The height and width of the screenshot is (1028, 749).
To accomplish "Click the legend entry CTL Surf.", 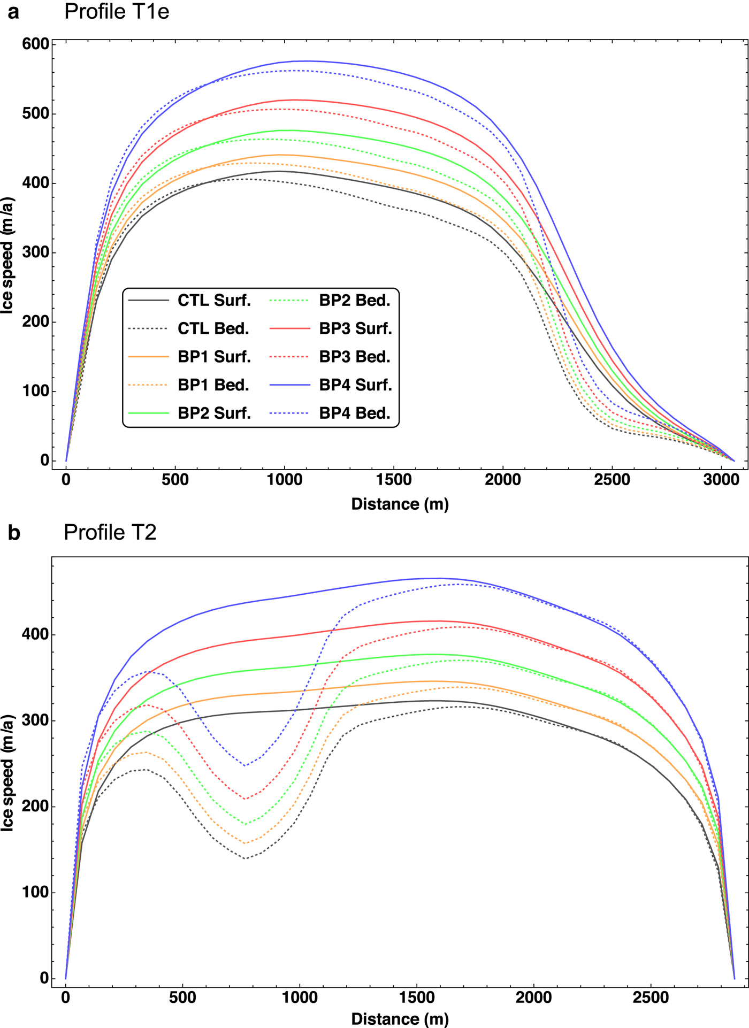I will click(214, 301).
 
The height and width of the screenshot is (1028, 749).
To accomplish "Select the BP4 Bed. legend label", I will click(355, 413).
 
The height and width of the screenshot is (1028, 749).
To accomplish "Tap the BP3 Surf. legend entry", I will click(355, 329).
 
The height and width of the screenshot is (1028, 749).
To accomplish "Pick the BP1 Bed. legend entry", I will click(213, 385).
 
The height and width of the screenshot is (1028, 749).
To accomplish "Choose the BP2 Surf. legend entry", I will click(214, 413).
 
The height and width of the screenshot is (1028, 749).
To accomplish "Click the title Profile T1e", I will click(117, 12).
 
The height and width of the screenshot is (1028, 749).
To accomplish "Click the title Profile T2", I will click(110, 532).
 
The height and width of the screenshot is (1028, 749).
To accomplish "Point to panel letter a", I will click(13, 12).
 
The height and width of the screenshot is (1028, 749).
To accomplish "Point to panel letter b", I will click(14, 533).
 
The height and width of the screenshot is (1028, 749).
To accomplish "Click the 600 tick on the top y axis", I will click(36, 44).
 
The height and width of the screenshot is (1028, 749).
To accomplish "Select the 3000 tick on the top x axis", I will click(721, 479).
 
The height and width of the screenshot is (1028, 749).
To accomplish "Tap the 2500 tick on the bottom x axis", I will click(651, 998).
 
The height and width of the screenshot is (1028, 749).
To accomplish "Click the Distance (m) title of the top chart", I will click(400, 504).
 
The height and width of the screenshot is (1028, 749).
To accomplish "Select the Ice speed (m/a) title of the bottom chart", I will click(7, 773).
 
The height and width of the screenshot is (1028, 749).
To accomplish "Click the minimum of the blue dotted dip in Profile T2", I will click(246, 765).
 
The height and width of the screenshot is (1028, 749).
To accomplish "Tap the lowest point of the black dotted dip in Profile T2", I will click(246, 858).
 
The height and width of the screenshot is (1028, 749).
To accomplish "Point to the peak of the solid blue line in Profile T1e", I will click(306, 61).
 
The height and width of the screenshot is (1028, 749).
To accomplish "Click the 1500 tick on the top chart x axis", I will click(394, 479).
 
